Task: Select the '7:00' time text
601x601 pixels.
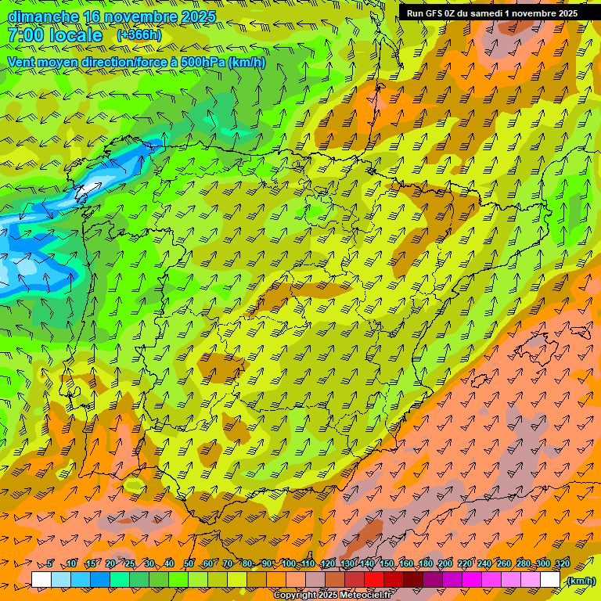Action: coord(24,35)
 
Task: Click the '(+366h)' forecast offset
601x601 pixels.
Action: coord(139,35)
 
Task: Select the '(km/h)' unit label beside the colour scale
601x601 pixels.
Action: coord(581,581)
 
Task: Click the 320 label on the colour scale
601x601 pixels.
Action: coord(561,563)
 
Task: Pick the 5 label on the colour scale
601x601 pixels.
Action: coord(50,563)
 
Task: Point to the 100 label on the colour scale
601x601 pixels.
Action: coord(288,563)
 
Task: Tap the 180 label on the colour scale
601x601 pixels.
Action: coord(425,563)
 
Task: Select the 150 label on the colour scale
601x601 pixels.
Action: coord(386,563)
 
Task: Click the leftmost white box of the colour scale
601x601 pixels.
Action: coord(41,580)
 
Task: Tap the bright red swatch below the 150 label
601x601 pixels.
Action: coord(374,580)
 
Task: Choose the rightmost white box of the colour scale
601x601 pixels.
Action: coord(550,580)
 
